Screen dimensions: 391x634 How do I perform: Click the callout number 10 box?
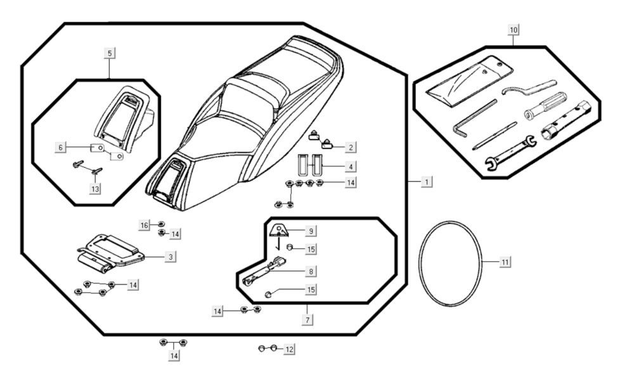[x=514, y=30]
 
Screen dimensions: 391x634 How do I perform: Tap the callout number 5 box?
[x=110, y=53]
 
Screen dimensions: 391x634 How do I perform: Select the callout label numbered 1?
[x=427, y=182]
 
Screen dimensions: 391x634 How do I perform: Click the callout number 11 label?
[x=505, y=262]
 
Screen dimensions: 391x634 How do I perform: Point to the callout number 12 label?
[x=289, y=349]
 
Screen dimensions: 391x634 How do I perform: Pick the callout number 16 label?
[x=145, y=225]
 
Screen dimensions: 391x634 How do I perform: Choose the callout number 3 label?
[x=171, y=257]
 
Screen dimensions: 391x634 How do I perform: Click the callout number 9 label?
[x=311, y=231]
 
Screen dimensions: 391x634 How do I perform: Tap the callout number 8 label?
[x=311, y=271]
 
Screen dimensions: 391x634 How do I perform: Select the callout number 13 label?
[x=95, y=189]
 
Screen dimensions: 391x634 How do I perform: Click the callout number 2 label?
[x=350, y=147]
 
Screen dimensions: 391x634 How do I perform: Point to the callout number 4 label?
[x=350, y=167]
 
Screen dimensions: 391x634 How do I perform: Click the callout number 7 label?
[x=307, y=321]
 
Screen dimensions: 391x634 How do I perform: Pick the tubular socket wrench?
[x=566, y=120]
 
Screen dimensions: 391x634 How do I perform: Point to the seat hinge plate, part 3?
[x=111, y=250]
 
